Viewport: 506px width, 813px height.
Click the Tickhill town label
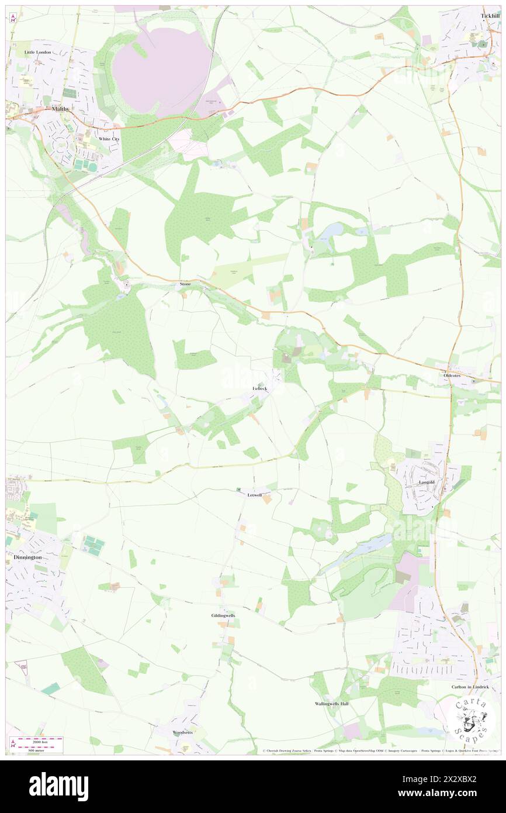(x=489, y=16)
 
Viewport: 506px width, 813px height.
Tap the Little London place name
(x=38, y=52)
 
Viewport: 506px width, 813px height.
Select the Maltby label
(x=60, y=109)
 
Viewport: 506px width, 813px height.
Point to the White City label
(x=108, y=139)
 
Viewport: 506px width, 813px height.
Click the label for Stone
(x=185, y=284)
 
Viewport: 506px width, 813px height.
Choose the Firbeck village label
(x=259, y=388)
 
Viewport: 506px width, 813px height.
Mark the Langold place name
(x=427, y=482)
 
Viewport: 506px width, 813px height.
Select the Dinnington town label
(x=27, y=558)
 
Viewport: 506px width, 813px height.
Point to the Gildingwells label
(x=223, y=616)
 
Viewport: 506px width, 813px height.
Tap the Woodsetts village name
(x=182, y=732)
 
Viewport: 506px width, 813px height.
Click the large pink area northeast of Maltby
(x=161, y=64)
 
